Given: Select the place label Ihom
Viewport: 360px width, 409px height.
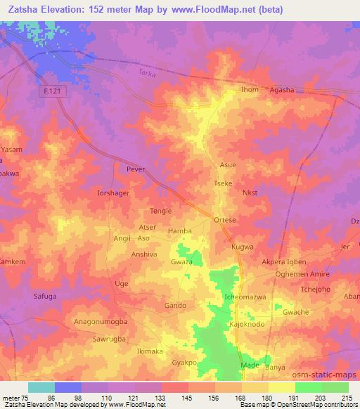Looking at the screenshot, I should (x=250, y=89).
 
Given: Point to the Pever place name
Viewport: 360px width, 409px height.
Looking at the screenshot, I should (x=134, y=169).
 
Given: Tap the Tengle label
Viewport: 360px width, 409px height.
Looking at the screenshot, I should (x=161, y=211).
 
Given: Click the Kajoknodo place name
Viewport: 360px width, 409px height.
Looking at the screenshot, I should (x=247, y=325).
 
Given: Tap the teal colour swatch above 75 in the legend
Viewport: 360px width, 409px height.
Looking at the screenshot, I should (x=41, y=387).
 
